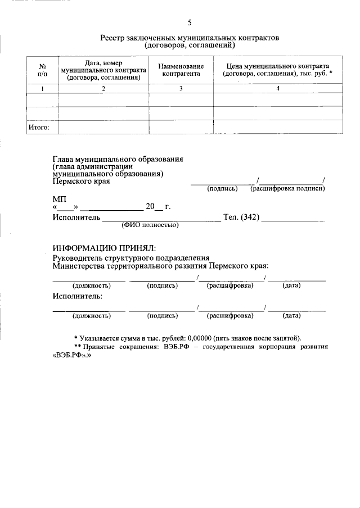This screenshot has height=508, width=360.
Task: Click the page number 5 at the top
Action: point(190,23)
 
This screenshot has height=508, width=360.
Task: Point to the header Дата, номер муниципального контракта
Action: point(103,70)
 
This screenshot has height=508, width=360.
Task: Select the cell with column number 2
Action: point(103,89)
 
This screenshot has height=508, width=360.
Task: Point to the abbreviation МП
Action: point(60,199)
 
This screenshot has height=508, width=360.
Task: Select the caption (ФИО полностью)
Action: point(150,226)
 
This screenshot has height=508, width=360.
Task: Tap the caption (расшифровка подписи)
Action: point(287,189)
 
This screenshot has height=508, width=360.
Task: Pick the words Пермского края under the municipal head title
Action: point(81,181)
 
